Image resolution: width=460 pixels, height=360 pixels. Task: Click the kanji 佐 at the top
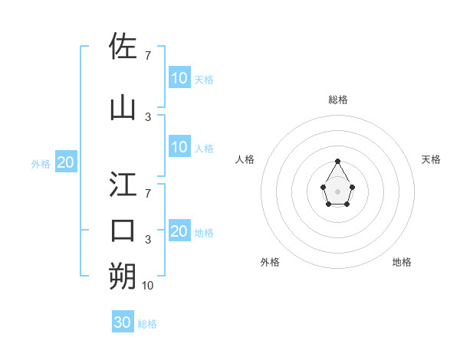pos(123,46)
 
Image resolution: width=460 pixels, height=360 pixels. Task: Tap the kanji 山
pos(123,107)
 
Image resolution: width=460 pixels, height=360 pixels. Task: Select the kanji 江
pos(123,184)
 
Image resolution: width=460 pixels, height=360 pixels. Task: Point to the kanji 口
pos(123,230)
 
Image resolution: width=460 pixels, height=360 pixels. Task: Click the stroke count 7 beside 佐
pos(147,56)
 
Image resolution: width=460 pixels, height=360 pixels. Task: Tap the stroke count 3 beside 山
pos(148,117)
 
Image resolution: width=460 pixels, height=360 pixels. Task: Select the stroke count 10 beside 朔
pos(147,286)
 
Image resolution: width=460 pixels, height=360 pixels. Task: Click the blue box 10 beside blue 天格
pos(179,77)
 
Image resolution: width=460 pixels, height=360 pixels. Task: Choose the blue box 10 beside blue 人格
pos(179,147)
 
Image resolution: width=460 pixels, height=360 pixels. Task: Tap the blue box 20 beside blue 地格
pos(179,231)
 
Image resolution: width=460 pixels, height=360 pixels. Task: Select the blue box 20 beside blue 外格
pos(65,162)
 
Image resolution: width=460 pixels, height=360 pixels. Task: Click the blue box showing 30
pos(123,322)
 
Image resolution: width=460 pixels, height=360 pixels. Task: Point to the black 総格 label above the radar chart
pos(337,100)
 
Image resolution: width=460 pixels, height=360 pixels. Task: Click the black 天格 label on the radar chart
pos(431,159)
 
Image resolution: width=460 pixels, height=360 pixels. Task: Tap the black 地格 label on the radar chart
pos(402,262)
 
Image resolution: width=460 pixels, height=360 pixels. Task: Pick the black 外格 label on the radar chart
pos(270,262)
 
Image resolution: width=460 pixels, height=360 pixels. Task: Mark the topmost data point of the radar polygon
pos(337,161)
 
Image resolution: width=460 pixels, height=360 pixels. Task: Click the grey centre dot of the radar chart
pos(337,191)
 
